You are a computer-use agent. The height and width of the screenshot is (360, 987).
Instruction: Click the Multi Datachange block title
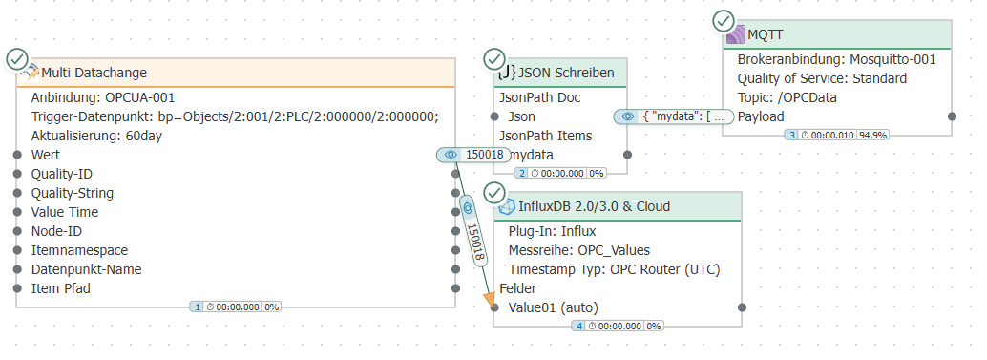pos(94,73)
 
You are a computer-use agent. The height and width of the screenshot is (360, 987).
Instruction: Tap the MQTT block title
pos(766,34)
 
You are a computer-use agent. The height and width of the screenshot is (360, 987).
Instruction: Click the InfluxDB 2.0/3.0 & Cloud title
pos(595,206)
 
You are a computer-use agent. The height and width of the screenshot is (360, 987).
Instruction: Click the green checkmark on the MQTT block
pos(724,21)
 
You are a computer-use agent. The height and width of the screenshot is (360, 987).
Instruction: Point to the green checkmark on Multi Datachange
pos(17,59)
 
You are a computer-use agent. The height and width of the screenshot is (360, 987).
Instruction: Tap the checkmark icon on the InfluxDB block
pos(494,193)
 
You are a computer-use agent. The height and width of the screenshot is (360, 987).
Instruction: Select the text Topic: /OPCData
pos(787,97)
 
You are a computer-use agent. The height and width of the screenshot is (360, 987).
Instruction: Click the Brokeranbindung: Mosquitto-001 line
pos(836,60)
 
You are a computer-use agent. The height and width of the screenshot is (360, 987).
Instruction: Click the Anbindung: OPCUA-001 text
pos(103,97)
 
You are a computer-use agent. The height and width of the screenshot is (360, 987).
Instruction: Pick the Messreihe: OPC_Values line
pos(579,250)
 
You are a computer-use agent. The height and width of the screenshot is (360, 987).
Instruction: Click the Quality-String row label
pos(73,193)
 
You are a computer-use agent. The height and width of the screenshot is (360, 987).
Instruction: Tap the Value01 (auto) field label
pos(554,307)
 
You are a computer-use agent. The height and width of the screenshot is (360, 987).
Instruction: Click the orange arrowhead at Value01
pos(490,300)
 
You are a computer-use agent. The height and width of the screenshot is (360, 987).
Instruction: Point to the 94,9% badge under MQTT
pos(873,135)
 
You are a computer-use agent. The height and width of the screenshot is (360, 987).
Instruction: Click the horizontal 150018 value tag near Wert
pos(472,155)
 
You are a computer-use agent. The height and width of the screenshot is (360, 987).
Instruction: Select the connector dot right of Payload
pos(953,116)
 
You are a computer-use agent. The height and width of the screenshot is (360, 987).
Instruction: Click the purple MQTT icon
pos(736,34)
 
